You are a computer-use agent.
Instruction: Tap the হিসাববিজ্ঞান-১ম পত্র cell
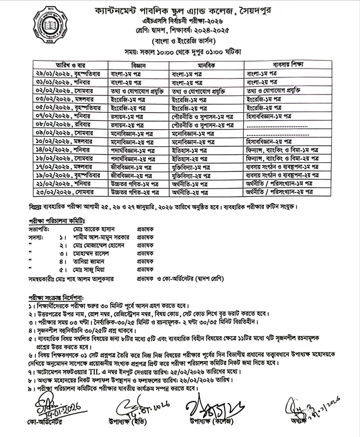(269, 116)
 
